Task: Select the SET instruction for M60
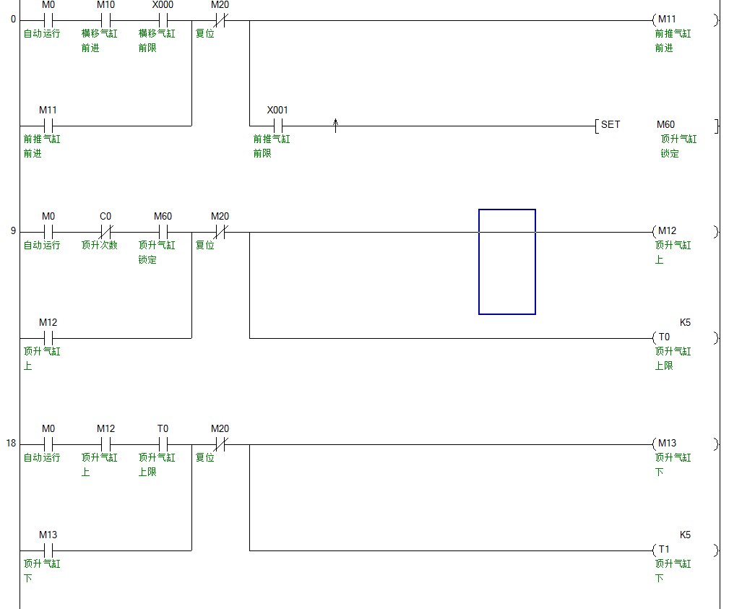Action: click(x=610, y=125)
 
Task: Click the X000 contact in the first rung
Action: click(x=163, y=20)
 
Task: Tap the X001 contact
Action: click(x=277, y=126)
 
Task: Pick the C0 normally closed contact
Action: click(x=105, y=232)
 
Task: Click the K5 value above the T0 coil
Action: click(x=685, y=322)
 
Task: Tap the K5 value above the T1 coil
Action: click(x=685, y=535)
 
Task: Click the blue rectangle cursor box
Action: click(x=507, y=262)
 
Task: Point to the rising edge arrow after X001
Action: click(x=335, y=126)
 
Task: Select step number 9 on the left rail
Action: click(x=13, y=231)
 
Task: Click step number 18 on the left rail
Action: click(x=12, y=443)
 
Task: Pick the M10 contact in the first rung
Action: click(x=105, y=20)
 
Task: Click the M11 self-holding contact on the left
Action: click(x=48, y=126)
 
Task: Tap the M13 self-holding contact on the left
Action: click(x=48, y=550)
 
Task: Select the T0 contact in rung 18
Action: click(x=163, y=444)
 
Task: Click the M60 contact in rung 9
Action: click(x=163, y=232)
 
